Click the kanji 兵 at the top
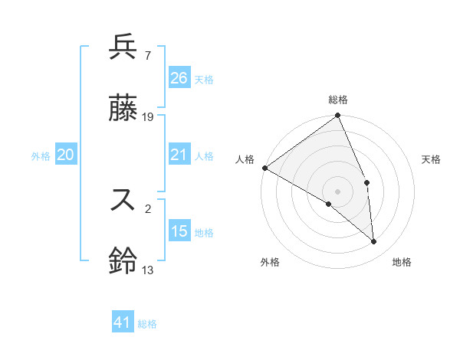pos(123,47)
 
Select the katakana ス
pos(123,200)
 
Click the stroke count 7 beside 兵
pos(147,56)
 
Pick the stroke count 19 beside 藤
pos(148,117)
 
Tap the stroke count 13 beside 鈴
pos(147,270)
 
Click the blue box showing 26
pos(179,78)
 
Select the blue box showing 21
pos(179,155)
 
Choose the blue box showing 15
pos(179,231)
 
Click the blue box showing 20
pos(66,155)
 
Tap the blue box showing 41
pos(123,323)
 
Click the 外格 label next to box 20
pos(41,156)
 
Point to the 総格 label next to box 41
pos(147,325)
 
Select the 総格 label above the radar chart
pos(337,100)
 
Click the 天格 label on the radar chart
pos(431,159)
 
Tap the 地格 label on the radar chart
pos(402,262)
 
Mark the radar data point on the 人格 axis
pos(264,168)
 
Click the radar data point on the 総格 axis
pos(337,116)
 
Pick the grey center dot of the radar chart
pos(337,191)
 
